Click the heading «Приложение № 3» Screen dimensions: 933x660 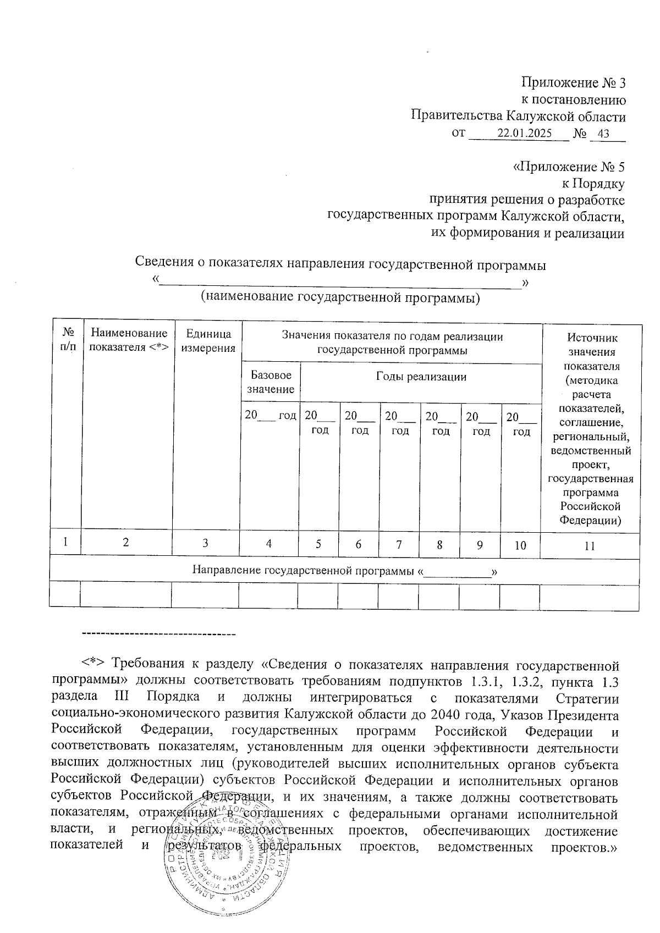(x=574, y=83)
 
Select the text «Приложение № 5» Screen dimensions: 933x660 (x=568, y=167)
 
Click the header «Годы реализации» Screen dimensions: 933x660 (x=421, y=377)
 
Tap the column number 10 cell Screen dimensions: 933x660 (x=520, y=545)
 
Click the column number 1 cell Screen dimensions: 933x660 (x=65, y=542)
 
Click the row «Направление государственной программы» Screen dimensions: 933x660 (x=344, y=571)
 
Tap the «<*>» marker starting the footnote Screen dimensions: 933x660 (x=93, y=665)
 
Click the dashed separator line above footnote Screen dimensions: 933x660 (x=158, y=635)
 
